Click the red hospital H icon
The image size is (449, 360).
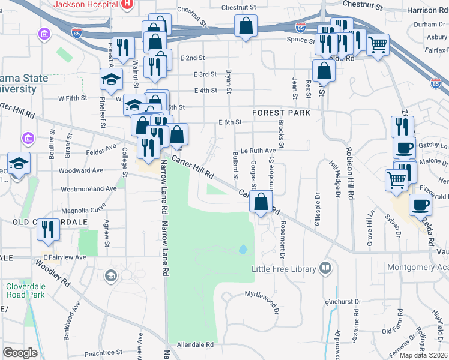(127, 5)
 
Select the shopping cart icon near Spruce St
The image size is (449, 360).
(377, 44)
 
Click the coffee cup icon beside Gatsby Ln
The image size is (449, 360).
(404, 147)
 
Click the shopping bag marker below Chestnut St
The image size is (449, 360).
(246, 26)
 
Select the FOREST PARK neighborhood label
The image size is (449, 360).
(282, 113)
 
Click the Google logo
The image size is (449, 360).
(20, 353)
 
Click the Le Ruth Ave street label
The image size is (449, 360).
(258, 151)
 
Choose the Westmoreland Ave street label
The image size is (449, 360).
(89, 188)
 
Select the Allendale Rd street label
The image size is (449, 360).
(195, 345)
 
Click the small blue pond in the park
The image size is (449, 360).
(243, 249)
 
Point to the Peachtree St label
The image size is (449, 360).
(103, 353)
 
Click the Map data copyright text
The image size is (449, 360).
(424, 355)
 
